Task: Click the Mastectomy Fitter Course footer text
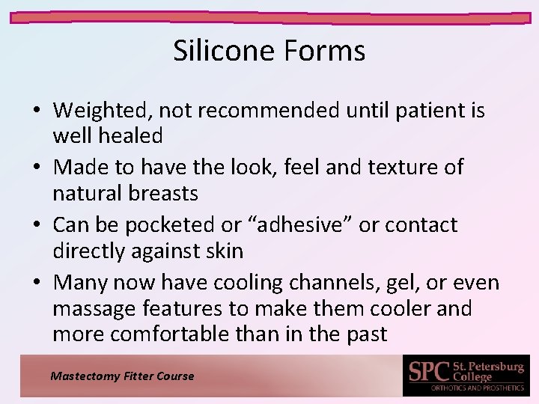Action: click(x=122, y=376)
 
